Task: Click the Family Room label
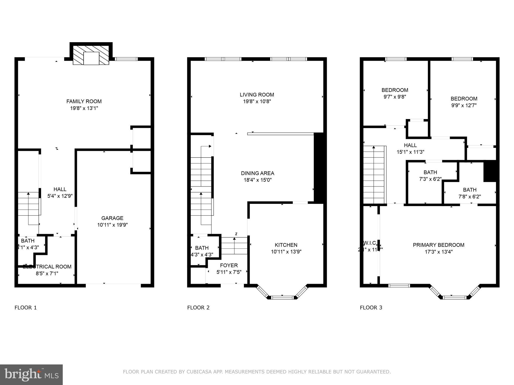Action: [x=84, y=101]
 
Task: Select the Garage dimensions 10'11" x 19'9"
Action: [x=112, y=225]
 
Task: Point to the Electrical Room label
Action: [x=47, y=267]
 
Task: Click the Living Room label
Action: [x=257, y=94]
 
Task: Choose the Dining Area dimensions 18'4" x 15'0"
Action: [x=258, y=180]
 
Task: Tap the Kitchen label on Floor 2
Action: [x=286, y=245]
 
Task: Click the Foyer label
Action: [x=229, y=265]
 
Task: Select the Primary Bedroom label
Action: [x=438, y=245]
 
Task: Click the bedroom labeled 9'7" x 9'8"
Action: [x=395, y=90]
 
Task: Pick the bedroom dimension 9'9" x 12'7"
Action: [x=464, y=105]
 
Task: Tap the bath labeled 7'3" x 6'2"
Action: [x=430, y=172]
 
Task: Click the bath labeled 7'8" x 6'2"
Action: [x=470, y=190]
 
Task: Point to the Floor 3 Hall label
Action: [x=410, y=145]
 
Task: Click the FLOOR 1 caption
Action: [x=26, y=308]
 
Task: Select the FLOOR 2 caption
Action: [x=198, y=308]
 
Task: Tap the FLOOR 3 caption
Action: [x=371, y=308]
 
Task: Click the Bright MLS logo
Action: [x=31, y=374]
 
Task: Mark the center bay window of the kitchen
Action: [x=282, y=298]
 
